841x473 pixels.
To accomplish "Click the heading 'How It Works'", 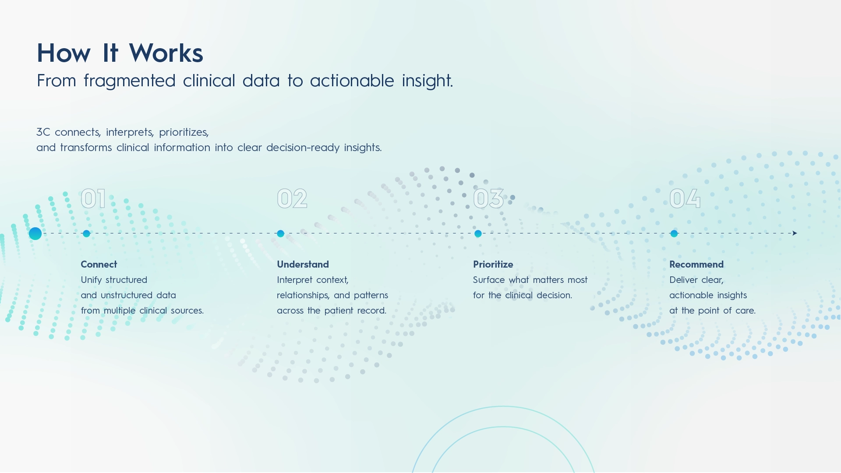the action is point(120,53).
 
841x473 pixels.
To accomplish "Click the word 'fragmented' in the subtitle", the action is point(129,81).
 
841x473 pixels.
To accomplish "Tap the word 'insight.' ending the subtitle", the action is point(427,81).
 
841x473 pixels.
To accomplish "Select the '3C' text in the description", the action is point(43,132).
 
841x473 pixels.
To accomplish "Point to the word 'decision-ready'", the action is point(303,148).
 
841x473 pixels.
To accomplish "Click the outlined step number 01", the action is point(93,198).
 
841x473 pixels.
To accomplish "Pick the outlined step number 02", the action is point(292,198).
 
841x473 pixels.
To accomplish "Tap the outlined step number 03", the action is point(488,198).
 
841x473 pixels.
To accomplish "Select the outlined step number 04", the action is point(685,198).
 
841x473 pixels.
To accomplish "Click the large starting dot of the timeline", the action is point(35,233).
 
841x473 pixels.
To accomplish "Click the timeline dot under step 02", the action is point(281,233).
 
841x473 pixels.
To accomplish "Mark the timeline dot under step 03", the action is point(478,233).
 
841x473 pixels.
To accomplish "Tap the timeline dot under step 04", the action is point(674,233).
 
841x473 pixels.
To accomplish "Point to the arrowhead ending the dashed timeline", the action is point(795,233).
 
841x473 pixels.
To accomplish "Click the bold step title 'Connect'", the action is point(99,265).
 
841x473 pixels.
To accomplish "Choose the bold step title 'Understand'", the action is point(303,265).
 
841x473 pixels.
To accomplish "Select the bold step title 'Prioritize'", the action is point(493,265).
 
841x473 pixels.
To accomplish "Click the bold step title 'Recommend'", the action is point(696,265).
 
